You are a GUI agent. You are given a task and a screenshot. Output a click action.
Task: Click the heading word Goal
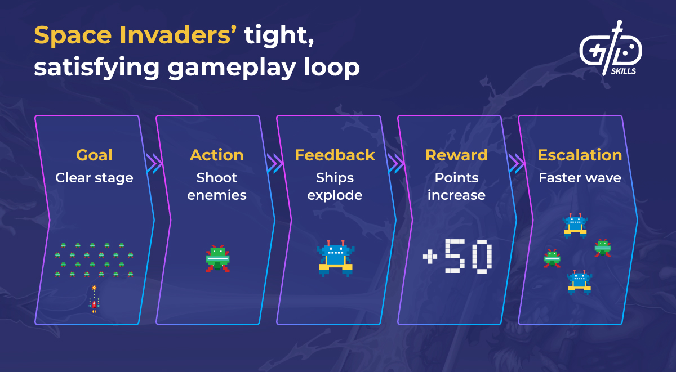click(94, 155)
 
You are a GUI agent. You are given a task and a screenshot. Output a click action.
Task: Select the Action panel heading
click(217, 155)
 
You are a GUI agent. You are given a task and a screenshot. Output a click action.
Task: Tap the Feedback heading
click(335, 155)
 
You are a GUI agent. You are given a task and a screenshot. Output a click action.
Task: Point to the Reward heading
click(456, 155)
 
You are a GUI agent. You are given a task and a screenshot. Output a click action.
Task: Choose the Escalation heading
click(580, 155)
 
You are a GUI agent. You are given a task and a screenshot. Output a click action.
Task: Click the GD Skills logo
click(611, 48)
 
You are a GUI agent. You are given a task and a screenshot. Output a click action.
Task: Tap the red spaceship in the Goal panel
click(94, 304)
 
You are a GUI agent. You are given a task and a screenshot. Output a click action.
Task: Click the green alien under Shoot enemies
click(217, 258)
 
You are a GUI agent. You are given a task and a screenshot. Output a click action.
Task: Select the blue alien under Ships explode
click(336, 258)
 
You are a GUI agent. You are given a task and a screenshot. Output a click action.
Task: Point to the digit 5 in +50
click(455, 256)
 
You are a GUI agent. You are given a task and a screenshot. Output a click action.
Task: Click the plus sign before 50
click(430, 257)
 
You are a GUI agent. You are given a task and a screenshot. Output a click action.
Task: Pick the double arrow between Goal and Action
click(154, 163)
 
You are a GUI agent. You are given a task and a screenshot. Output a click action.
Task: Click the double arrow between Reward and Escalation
click(517, 163)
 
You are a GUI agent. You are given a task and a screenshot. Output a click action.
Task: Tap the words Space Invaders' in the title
click(135, 35)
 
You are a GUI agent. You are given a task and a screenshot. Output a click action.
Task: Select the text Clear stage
click(94, 178)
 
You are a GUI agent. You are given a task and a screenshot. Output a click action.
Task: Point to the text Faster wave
click(580, 178)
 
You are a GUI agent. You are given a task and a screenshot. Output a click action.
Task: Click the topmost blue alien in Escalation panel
click(575, 226)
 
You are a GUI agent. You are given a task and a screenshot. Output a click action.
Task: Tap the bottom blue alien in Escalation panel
click(579, 282)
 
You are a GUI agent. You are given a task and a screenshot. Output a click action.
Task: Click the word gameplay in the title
click(232, 68)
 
